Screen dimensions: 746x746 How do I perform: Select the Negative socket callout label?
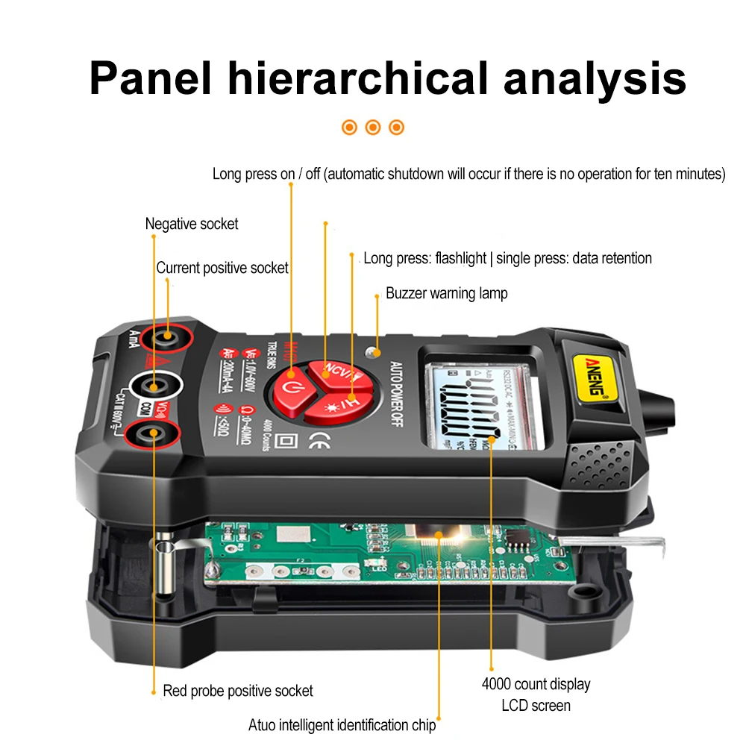coord(192,224)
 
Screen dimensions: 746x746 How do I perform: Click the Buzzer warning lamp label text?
coord(446,293)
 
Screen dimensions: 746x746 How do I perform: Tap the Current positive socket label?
coord(222,268)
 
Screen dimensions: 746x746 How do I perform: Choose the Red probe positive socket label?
coord(238,691)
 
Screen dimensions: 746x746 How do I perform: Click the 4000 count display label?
coord(536,684)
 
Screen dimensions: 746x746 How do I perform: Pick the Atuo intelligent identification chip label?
coord(342,725)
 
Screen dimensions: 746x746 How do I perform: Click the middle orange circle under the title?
coord(373,127)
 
